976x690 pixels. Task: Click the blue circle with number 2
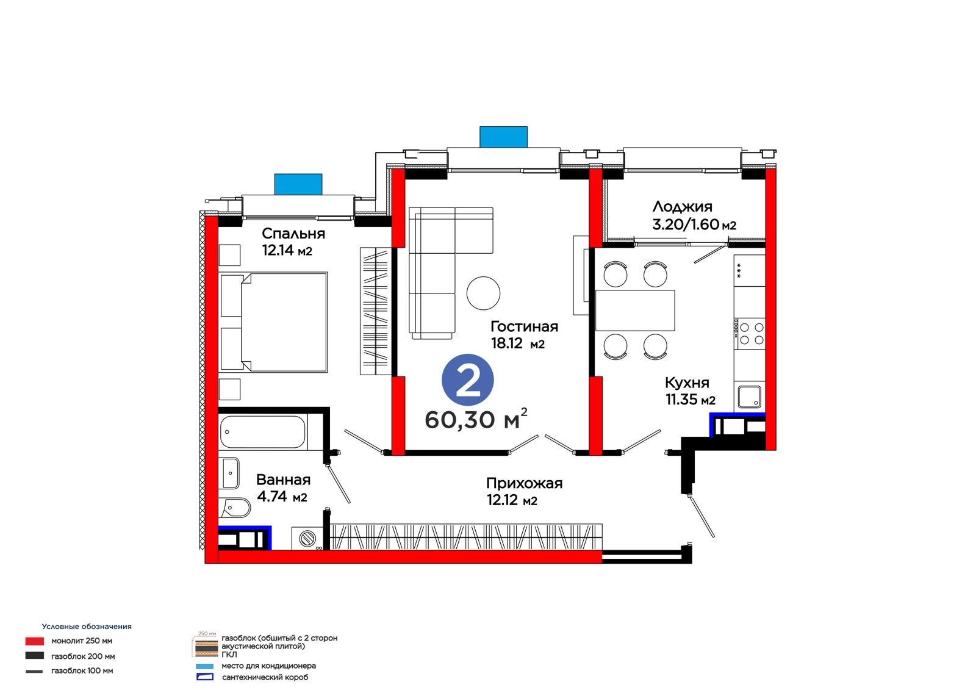467,379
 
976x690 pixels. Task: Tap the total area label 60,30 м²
476,419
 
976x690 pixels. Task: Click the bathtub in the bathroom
263,432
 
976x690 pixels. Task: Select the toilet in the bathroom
235,508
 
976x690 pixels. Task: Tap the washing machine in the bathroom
307,539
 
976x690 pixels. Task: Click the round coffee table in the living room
483,293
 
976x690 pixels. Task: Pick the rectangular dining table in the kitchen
635,311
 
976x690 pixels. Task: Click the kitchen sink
750,397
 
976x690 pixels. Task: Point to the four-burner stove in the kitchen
750,334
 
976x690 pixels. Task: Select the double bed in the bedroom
274,322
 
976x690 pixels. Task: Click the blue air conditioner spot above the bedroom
298,184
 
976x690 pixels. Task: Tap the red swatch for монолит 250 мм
34,641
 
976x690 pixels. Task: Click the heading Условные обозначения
87,627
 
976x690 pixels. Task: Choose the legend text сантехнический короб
265,677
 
